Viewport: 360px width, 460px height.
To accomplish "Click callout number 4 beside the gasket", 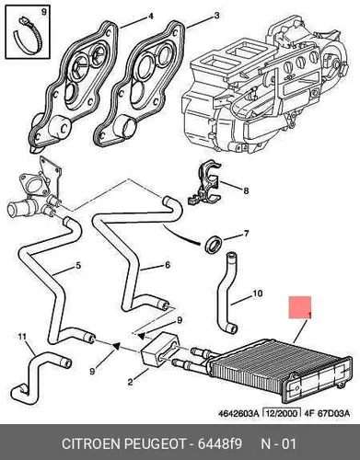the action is (151, 16).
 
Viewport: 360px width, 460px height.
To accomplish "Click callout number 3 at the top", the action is (216, 16).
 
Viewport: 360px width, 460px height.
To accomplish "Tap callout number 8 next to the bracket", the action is (246, 190).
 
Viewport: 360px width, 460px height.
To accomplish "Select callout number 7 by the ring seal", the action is (246, 234).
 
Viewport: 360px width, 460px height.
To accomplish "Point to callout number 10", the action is (258, 293).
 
